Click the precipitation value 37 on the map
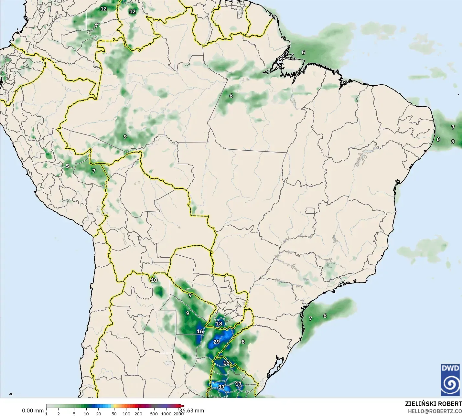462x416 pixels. pos(221,387)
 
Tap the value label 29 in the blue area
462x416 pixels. pos(217,342)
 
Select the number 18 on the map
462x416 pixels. pos(219,324)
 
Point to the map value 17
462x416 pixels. pos(238,384)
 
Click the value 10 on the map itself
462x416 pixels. pos(154,280)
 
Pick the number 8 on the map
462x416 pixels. pos(243,342)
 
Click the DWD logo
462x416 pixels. pos(450,380)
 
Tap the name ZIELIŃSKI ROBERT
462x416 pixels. pos(433,404)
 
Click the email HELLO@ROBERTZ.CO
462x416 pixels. pos(435,411)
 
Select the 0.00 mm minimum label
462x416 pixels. pos(33,411)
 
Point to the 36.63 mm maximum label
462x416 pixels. pos(192,411)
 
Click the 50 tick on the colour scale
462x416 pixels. pos(114,414)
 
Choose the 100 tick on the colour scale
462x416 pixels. pos(126,414)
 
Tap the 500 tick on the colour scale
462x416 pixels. pos(154,414)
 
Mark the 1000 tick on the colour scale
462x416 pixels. pos(166,414)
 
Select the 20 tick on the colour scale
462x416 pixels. pos(99,414)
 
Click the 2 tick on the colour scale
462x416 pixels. pos(59,414)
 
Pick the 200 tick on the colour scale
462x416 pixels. pos(138,414)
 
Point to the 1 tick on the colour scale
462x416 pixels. pos(46,414)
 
